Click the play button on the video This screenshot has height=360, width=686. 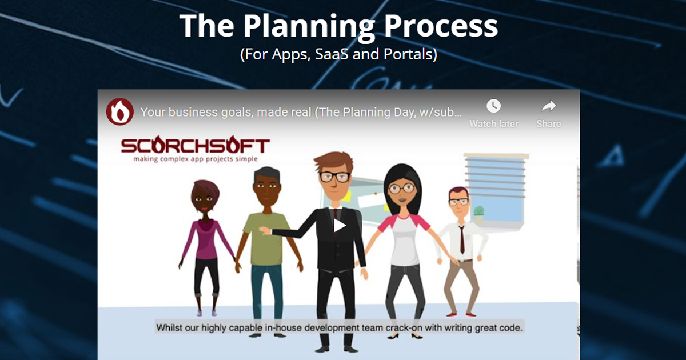340,225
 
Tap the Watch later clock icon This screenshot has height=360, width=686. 493,106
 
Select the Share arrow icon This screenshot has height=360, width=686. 549,106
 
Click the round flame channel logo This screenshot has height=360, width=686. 120,111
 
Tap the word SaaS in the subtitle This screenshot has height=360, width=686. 332,55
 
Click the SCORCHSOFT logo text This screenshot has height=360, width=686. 195,146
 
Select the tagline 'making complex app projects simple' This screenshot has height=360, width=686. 195,159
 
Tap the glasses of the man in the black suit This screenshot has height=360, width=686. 334,177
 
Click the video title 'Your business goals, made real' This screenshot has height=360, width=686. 226,112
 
